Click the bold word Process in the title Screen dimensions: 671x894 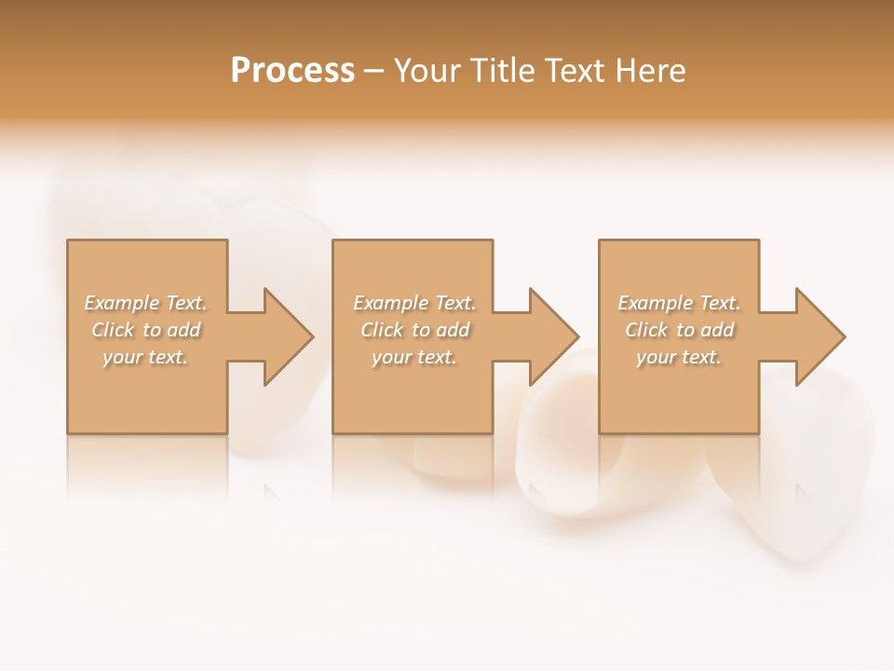click(x=292, y=71)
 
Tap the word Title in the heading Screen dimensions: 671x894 click(x=501, y=71)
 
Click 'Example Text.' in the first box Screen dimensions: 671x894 click(x=146, y=303)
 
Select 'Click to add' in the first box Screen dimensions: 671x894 click(x=146, y=330)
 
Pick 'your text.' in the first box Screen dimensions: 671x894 click(x=146, y=357)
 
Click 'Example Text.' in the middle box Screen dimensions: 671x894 click(x=414, y=303)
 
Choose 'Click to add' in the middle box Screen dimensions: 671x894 click(x=414, y=330)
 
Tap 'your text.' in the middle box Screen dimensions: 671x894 click(x=414, y=357)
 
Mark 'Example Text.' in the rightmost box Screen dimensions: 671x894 click(x=679, y=303)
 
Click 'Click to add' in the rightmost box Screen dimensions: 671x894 click(x=679, y=330)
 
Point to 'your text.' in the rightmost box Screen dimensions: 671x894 click(x=679, y=357)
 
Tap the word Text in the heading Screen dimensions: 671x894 click(x=574, y=71)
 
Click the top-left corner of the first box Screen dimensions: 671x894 click(x=68, y=241)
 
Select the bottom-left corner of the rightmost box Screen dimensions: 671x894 click(x=600, y=432)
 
